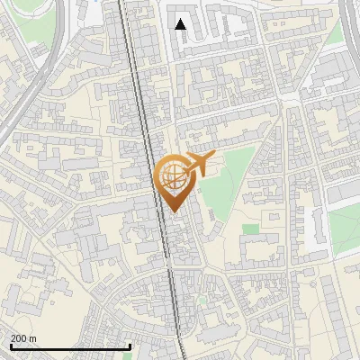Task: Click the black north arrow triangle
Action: coord(181,23)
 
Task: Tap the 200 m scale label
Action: coord(23,338)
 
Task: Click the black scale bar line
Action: coord(70,346)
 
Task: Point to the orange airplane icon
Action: coord(198,165)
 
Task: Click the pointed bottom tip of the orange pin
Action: coord(173,212)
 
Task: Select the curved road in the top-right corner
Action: coord(348,27)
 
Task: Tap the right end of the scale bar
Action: coord(130,346)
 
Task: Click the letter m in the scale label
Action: coord(32,338)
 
